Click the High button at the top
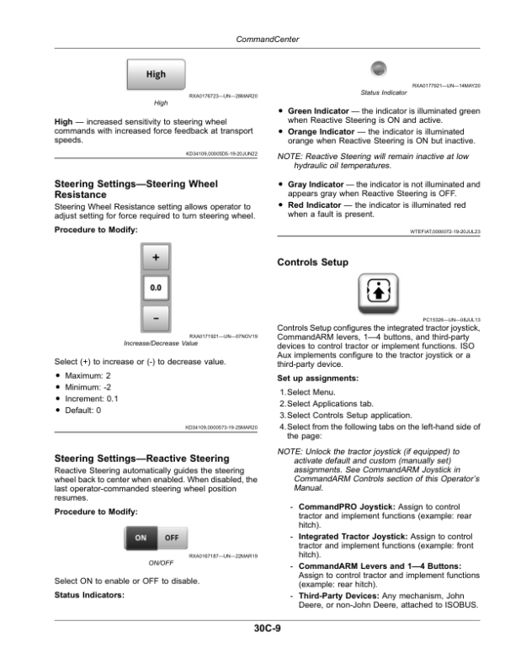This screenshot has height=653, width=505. [156, 74]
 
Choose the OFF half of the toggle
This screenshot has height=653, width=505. [171, 538]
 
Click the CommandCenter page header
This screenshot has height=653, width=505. [252, 39]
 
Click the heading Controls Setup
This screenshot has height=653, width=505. [312, 263]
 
